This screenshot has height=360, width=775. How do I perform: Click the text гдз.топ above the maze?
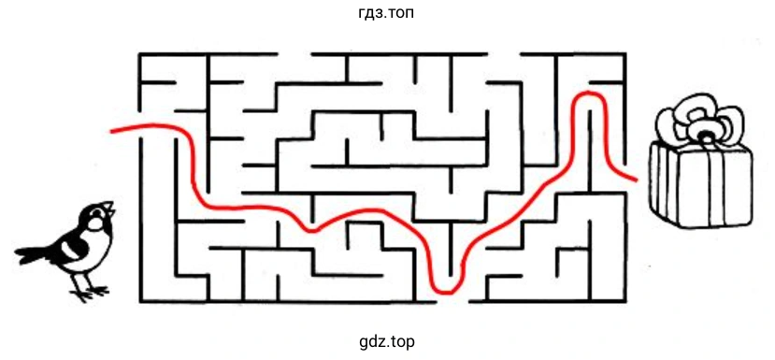pos(387,12)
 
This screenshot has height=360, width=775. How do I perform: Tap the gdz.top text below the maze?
pos(387,341)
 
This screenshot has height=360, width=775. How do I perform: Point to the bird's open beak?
pos(109,209)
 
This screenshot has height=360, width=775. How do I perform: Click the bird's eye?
pos(95,213)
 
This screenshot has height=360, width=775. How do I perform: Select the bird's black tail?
pos(35,253)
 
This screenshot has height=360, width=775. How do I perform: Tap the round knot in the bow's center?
pos(706,134)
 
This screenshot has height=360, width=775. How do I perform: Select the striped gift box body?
pos(702,185)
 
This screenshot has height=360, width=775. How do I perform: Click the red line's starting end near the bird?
pos(111,132)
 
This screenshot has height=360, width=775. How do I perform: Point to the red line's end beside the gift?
pos(636,179)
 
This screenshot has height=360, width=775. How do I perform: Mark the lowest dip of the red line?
pos(446,291)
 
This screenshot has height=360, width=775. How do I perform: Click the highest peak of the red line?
pos(588,93)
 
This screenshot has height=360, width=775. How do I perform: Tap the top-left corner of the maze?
pos(140,54)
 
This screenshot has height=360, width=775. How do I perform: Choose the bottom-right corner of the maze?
pos(625,301)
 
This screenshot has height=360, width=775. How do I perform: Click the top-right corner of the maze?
pos(625,54)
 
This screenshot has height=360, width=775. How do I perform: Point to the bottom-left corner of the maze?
pos(140,301)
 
